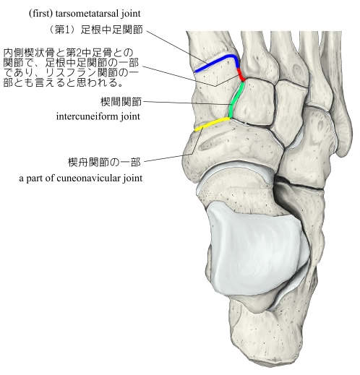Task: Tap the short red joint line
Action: pos(241,75)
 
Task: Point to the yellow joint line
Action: pos(212,124)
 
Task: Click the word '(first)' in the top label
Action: pos(40,14)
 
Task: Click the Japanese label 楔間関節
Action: pos(121,102)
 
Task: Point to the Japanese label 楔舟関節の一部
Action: pos(104,162)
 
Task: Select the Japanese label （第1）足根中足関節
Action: pos(96,30)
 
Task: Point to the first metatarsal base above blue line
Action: pos(210,46)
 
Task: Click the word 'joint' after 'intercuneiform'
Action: pos(130,117)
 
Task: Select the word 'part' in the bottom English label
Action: pos(34,178)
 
